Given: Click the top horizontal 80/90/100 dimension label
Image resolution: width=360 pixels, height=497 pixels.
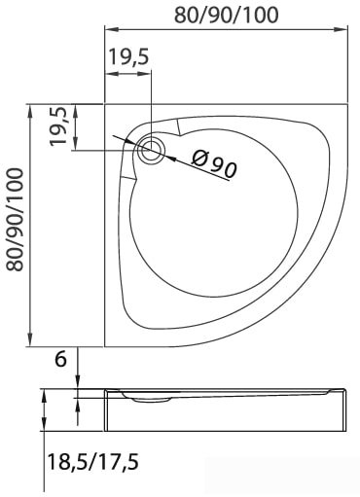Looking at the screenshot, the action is tap(226, 15).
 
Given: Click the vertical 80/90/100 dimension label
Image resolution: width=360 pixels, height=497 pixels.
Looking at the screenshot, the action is tap(16, 220).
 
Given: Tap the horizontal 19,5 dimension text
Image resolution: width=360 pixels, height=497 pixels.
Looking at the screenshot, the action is tap(128, 56).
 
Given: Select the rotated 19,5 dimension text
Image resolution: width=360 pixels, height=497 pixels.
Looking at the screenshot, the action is tap(58, 126).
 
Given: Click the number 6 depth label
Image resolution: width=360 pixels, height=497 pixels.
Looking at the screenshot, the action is tap(60, 359).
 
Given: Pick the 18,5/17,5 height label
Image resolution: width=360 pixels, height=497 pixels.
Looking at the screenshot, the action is tap(93, 462).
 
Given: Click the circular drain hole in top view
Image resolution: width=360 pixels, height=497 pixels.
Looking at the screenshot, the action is tap(151, 151).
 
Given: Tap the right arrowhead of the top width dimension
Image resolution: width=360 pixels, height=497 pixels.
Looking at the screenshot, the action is tap(342, 30).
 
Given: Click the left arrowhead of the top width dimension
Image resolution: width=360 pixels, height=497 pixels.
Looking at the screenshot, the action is tap(111, 30).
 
